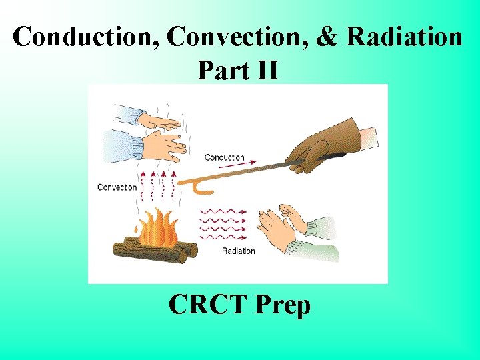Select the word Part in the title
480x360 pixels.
tap(219, 69)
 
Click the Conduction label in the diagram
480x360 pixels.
tap(224, 157)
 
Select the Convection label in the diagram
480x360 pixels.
tap(117, 187)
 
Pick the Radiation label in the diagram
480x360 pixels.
tap(239, 251)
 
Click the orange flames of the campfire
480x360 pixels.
tap(159, 229)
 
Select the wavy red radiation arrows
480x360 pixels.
tap(223, 224)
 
